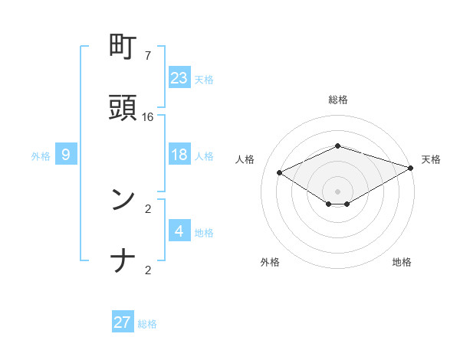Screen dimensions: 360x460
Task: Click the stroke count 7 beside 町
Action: [x=147, y=56]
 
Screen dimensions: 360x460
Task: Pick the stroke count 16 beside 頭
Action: [x=147, y=117]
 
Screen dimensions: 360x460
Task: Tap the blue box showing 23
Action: [x=179, y=77]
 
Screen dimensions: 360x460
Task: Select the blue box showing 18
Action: [x=179, y=155]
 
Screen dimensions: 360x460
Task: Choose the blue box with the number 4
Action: [x=179, y=231]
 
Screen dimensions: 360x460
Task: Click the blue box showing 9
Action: [x=66, y=155]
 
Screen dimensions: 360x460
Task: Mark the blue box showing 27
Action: [x=123, y=322]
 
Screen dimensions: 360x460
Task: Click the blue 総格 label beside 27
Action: [x=147, y=324]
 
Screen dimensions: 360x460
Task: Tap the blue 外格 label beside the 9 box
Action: [x=41, y=156]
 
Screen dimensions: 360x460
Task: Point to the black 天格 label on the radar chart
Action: [x=431, y=159]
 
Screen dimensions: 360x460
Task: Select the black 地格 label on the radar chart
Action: [x=402, y=262]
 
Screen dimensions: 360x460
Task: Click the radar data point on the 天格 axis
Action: [x=412, y=167]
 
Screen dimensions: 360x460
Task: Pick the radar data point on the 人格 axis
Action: [x=280, y=172]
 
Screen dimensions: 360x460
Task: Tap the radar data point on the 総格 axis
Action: [x=337, y=146]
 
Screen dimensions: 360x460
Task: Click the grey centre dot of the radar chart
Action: [x=337, y=191]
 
